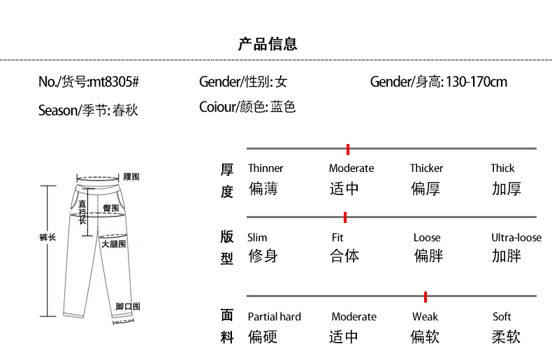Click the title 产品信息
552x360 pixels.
[x=268, y=44]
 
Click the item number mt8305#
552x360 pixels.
[x=115, y=82]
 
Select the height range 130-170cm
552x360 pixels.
[x=477, y=82]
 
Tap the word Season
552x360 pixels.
[x=58, y=110]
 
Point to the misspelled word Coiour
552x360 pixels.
[x=217, y=107]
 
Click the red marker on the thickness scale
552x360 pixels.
[x=348, y=150]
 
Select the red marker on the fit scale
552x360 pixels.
[x=345, y=217]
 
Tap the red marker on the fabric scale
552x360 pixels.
[x=426, y=297]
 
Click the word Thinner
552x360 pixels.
[x=266, y=168]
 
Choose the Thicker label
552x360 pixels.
[x=426, y=168]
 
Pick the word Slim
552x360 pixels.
[x=257, y=238]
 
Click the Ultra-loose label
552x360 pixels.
[x=516, y=238]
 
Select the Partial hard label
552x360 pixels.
[x=274, y=317]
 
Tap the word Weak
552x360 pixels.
[x=425, y=317]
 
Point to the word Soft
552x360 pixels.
[x=502, y=317]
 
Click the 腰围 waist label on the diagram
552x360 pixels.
[x=131, y=176]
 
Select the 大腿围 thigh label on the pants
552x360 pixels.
[x=114, y=244]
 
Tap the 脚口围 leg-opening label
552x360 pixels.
[x=128, y=306]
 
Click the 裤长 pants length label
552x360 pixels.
[x=48, y=237]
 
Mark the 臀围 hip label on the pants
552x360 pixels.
[x=111, y=208]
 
